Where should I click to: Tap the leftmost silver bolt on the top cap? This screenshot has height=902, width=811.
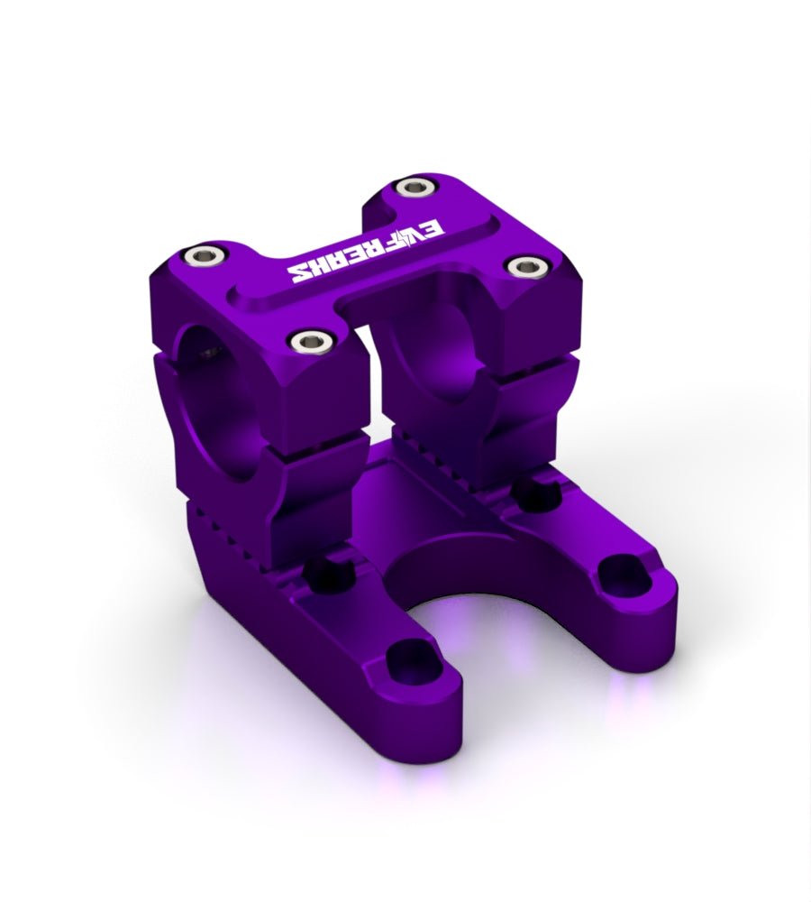click(196, 254)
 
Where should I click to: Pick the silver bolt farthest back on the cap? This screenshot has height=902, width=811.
click(414, 188)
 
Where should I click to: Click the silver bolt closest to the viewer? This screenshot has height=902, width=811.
click(309, 340)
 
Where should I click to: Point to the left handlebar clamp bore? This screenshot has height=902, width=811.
click(212, 397)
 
